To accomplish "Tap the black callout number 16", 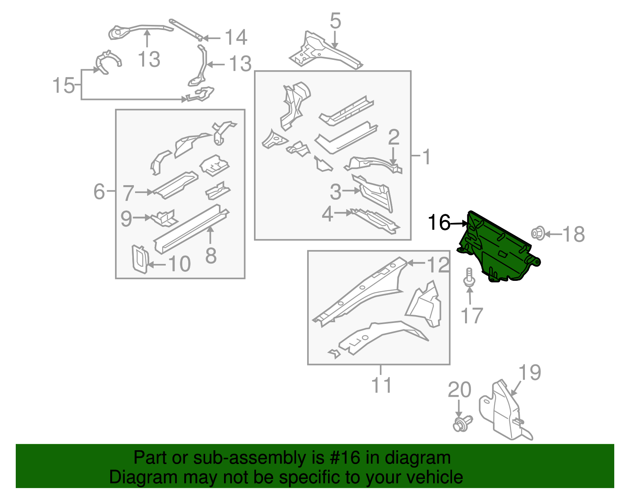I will pos(439,223).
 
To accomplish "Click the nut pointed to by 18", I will pos(537,233).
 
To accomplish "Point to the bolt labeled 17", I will pos(469,277).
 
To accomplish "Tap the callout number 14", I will pos(235,38).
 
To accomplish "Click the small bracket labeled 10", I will pos(139,258).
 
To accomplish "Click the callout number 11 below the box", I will pos(381,385).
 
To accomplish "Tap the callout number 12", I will pos(438,265).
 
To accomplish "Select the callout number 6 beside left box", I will pos(99,191).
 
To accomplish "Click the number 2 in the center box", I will pos(393,137).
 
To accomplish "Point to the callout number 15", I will pos(63,85).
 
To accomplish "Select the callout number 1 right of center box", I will pos(426,157).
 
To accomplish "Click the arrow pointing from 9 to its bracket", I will pos(142,217).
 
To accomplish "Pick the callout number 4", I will pos(327,215).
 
